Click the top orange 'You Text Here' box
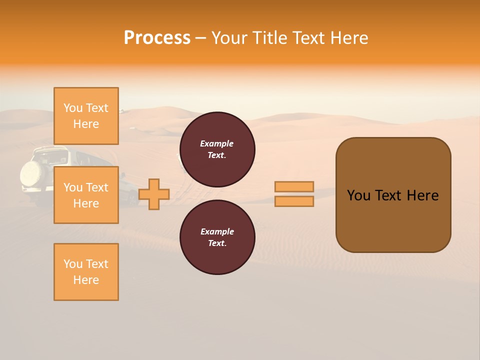[86, 116]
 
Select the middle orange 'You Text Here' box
[86, 195]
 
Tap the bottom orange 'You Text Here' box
[86, 271]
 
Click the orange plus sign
[153, 194]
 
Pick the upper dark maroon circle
[217, 149]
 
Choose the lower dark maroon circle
[217, 237]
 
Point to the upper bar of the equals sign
[294, 186]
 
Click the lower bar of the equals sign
[294, 201]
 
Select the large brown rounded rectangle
[393, 194]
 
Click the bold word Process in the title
[157, 38]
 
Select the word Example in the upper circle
[217, 143]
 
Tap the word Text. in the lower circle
[217, 243]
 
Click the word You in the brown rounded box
[359, 195]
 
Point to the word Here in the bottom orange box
[86, 280]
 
